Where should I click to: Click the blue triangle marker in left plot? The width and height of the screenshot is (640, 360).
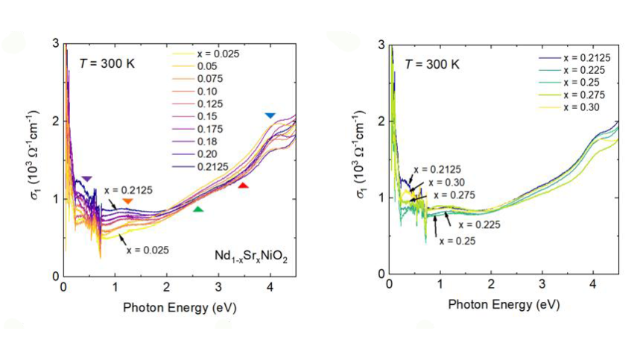pyautogui.click(x=270, y=116)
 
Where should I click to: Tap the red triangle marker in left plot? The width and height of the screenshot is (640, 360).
pyautogui.click(x=243, y=185)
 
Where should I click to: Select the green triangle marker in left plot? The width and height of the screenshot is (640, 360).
pyautogui.click(x=198, y=209)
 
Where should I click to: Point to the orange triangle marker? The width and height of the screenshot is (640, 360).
pyautogui.click(x=128, y=201)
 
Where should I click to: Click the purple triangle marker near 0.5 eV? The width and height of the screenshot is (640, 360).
pyautogui.click(x=87, y=179)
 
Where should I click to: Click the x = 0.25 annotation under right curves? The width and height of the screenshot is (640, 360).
pyautogui.click(x=457, y=241)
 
